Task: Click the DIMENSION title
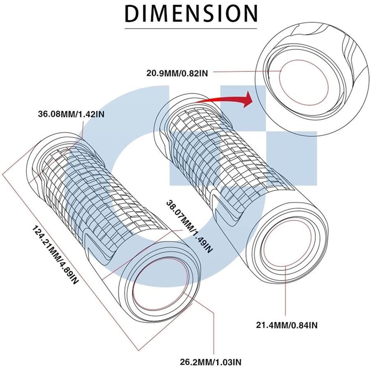coord(191,14)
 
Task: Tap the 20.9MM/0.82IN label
coord(177,73)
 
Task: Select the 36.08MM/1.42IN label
coord(71,114)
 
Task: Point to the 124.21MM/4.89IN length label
coord(55,254)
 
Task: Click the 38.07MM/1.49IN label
coord(190,227)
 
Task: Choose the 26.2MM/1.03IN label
coord(211,362)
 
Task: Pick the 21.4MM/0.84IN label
coord(287,326)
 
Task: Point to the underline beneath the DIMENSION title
coord(191,29)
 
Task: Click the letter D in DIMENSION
coord(132,14)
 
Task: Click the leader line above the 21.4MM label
coord(286,291)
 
